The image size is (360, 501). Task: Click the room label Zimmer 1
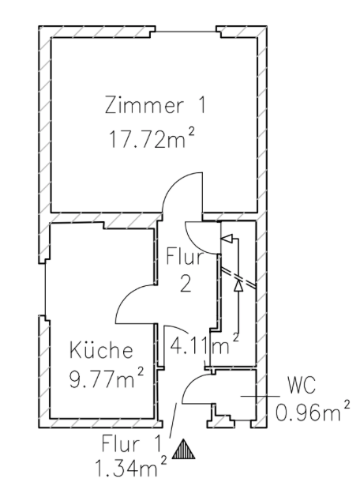pos(156,105)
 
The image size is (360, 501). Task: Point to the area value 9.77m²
pos(107,378)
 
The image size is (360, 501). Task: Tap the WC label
pos(302,385)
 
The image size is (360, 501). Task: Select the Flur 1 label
pos(131,443)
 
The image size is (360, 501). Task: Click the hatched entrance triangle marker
pos(184,449)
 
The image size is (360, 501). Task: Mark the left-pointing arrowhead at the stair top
pos(227,239)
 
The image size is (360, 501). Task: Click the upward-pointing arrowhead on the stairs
pos(238,285)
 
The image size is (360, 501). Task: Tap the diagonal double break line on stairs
pos(238,277)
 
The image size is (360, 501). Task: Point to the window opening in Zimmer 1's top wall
pos(186,32)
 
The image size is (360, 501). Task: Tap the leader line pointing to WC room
pos(260,396)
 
